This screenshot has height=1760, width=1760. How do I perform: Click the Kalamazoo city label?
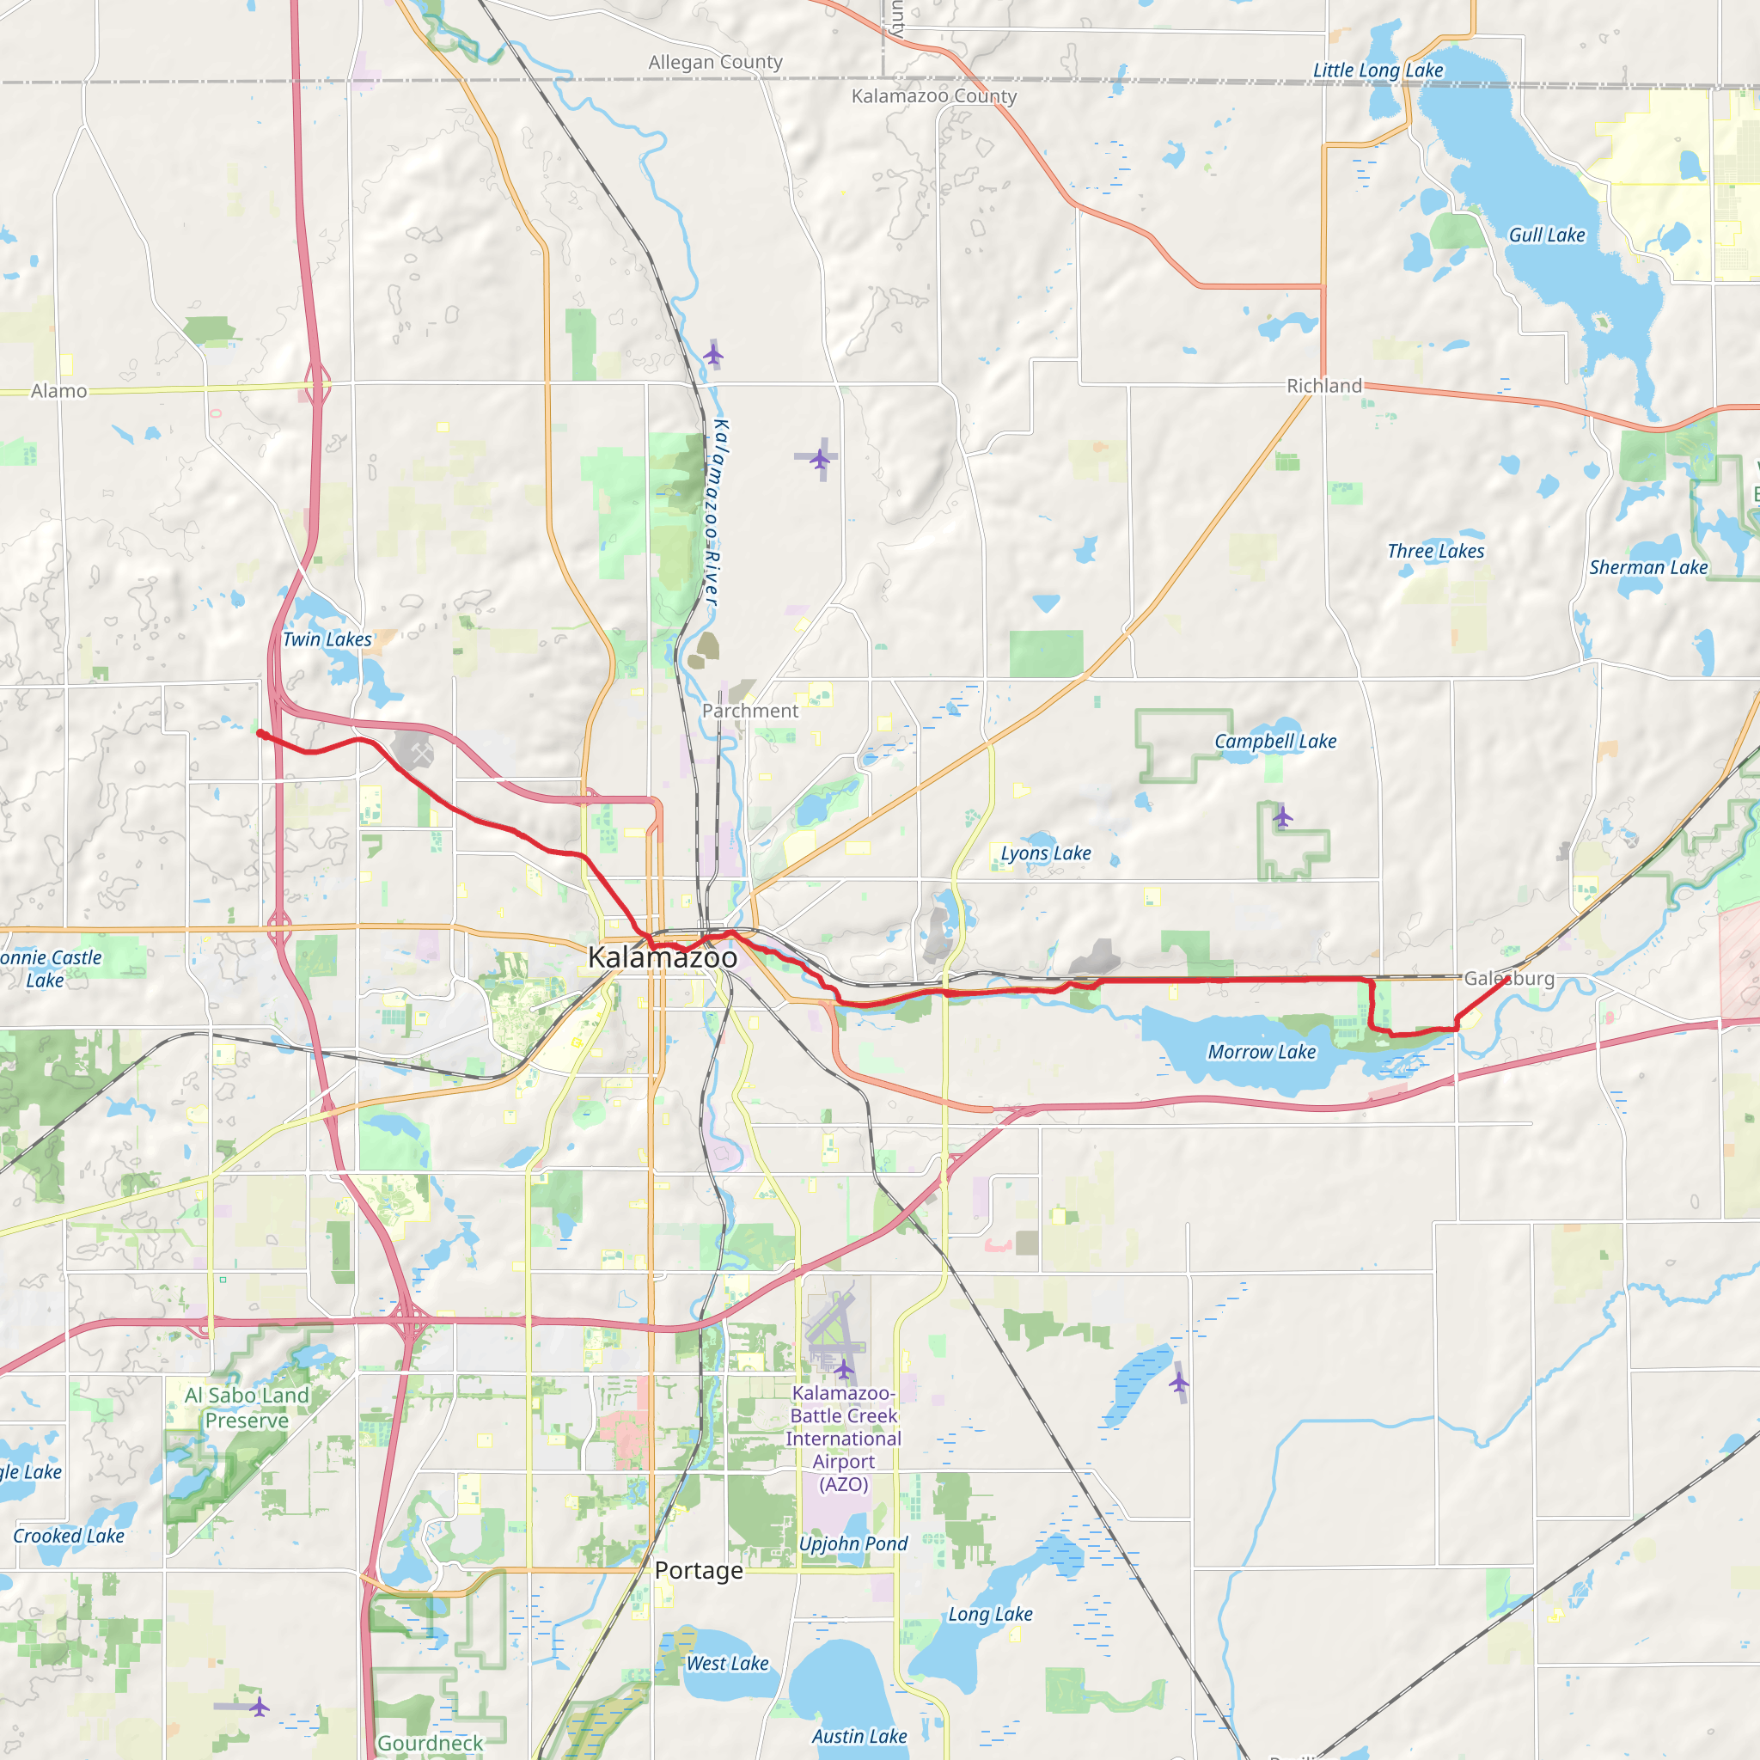(x=663, y=957)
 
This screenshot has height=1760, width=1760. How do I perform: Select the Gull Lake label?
(x=1547, y=235)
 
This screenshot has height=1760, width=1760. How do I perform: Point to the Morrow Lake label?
(x=1262, y=1052)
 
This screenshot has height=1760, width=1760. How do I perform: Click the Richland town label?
(x=1323, y=386)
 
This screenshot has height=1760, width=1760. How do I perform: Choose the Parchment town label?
(x=749, y=711)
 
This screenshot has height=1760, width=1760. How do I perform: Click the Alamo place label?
(x=59, y=391)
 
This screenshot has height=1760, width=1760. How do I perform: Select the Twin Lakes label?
(x=327, y=639)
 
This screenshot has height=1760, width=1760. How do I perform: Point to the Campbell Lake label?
(x=1274, y=742)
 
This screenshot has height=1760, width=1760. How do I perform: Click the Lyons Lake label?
(x=1046, y=853)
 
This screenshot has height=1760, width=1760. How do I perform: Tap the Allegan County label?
(x=715, y=62)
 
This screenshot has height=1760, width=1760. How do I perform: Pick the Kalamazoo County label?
(x=934, y=95)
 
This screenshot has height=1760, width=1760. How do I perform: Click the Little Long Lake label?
(x=1378, y=70)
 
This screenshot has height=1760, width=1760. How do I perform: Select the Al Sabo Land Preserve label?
(x=247, y=1408)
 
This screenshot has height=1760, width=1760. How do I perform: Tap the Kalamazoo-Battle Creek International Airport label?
(x=844, y=1439)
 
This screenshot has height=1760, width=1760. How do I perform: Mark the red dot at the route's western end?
(x=260, y=733)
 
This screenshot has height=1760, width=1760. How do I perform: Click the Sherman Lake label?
(x=1648, y=567)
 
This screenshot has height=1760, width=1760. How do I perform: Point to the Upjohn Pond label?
(x=852, y=1543)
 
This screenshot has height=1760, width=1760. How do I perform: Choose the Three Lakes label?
(x=1435, y=551)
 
